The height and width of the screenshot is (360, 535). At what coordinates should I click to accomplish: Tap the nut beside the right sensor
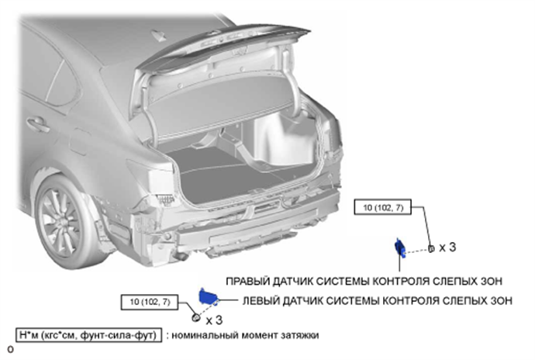click(430, 248)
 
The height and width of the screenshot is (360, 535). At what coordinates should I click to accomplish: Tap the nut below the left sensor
click(197, 318)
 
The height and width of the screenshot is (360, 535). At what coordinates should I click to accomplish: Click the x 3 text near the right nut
click(447, 247)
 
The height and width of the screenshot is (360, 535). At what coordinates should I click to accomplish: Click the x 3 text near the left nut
click(215, 319)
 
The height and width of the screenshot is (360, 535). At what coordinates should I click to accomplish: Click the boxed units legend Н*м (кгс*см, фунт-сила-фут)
click(88, 335)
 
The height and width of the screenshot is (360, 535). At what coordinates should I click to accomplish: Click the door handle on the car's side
click(35, 122)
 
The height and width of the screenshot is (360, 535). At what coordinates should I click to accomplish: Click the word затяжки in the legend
click(299, 335)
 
